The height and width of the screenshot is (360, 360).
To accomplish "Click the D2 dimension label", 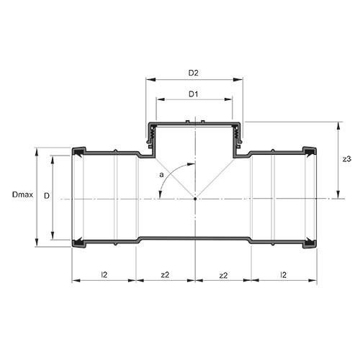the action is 193,73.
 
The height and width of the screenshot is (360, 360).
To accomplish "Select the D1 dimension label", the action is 193,94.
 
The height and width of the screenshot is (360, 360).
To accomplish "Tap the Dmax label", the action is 22,194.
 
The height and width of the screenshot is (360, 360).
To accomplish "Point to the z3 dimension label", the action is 347,159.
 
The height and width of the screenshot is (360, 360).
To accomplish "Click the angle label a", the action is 161,175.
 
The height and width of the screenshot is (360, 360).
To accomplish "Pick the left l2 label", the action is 104,274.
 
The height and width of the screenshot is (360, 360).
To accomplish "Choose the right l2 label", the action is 284,274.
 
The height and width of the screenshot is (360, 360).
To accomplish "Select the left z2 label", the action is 165,275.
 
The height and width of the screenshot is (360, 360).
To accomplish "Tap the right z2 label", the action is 223,275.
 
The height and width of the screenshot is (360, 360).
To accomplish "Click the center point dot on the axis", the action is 195,199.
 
